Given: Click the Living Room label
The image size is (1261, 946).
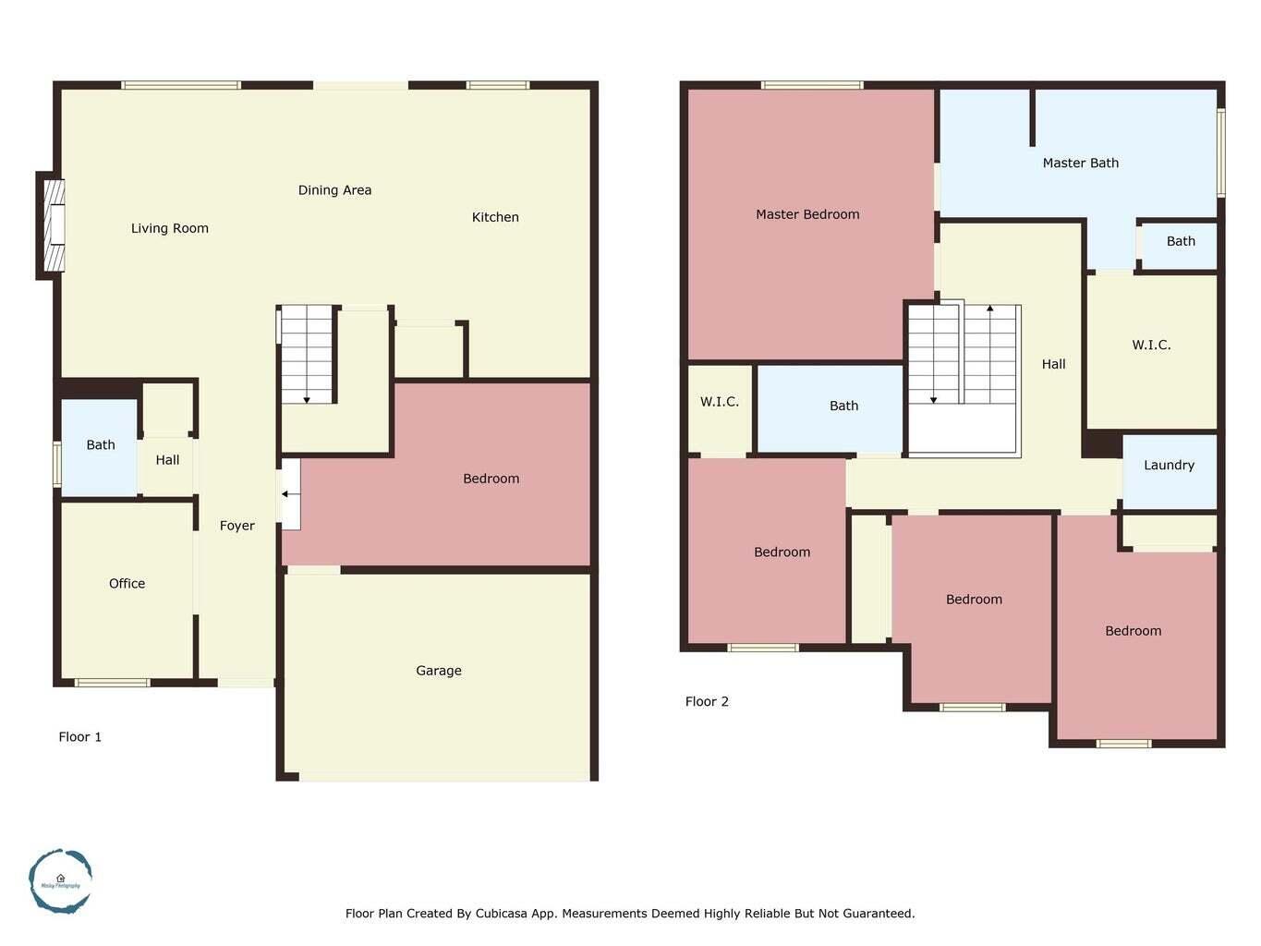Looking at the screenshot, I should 169,228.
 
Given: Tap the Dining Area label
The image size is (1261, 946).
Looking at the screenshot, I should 334,190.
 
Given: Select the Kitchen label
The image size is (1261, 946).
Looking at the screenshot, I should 495,217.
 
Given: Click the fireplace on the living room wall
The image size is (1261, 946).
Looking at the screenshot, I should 54,225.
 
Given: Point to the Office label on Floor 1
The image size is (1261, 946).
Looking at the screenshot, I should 127,584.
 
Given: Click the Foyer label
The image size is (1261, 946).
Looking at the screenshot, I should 236,526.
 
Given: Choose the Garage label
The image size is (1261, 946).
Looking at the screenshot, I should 438,671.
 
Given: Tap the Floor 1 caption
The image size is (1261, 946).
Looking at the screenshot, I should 79,737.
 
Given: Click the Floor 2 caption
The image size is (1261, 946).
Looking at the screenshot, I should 707,701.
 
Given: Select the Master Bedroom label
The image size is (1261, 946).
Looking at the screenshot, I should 807,214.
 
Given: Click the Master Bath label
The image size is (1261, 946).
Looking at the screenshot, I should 1080,163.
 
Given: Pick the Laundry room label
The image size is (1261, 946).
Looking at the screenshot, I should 1169,466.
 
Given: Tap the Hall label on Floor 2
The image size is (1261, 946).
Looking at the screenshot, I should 1053,364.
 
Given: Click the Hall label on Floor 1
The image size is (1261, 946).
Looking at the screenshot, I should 167,460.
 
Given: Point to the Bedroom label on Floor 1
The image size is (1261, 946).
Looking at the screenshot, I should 491,479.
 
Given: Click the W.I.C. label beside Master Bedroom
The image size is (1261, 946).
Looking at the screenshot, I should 719,402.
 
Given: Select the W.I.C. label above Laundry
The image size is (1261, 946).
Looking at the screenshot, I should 1151,345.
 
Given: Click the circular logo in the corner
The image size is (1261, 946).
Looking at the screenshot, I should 60,881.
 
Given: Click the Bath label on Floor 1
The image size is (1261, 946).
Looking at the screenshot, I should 101,445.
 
